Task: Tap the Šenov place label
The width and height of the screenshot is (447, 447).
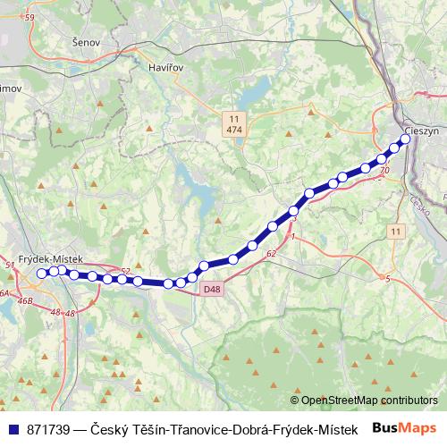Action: [88, 42]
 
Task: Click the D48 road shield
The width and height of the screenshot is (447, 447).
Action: [212, 289]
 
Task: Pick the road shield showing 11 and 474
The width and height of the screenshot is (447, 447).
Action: [234, 124]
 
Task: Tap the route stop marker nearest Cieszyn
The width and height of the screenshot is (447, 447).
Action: [407, 139]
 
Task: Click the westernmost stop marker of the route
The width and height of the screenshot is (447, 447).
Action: [41, 274]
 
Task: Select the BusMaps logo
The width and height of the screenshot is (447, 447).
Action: [405, 428]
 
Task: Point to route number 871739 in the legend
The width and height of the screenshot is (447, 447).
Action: [50, 429]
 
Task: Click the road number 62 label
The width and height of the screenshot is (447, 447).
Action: [270, 254]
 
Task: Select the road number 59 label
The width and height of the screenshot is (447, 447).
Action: [30, 18]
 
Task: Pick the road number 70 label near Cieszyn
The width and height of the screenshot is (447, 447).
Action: [384, 170]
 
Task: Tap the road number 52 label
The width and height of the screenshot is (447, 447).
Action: [125, 271]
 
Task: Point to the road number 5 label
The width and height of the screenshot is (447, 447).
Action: [388, 280]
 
